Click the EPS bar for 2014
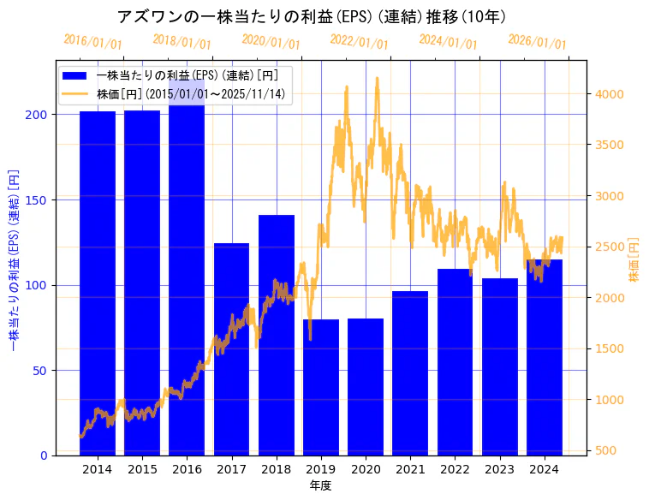click(x=98, y=283)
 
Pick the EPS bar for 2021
click(x=410, y=373)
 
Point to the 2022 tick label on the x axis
click(x=455, y=469)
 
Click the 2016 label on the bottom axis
click(x=187, y=469)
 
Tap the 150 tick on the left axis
click(x=39, y=199)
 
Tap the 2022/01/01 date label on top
click(x=359, y=42)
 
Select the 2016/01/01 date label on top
click(x=92, y=42)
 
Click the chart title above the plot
click(x=312, y=17)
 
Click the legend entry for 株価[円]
click(x=190, y=94)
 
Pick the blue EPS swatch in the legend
click(x=75, y=75)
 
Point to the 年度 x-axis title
click(x=320, y=485)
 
